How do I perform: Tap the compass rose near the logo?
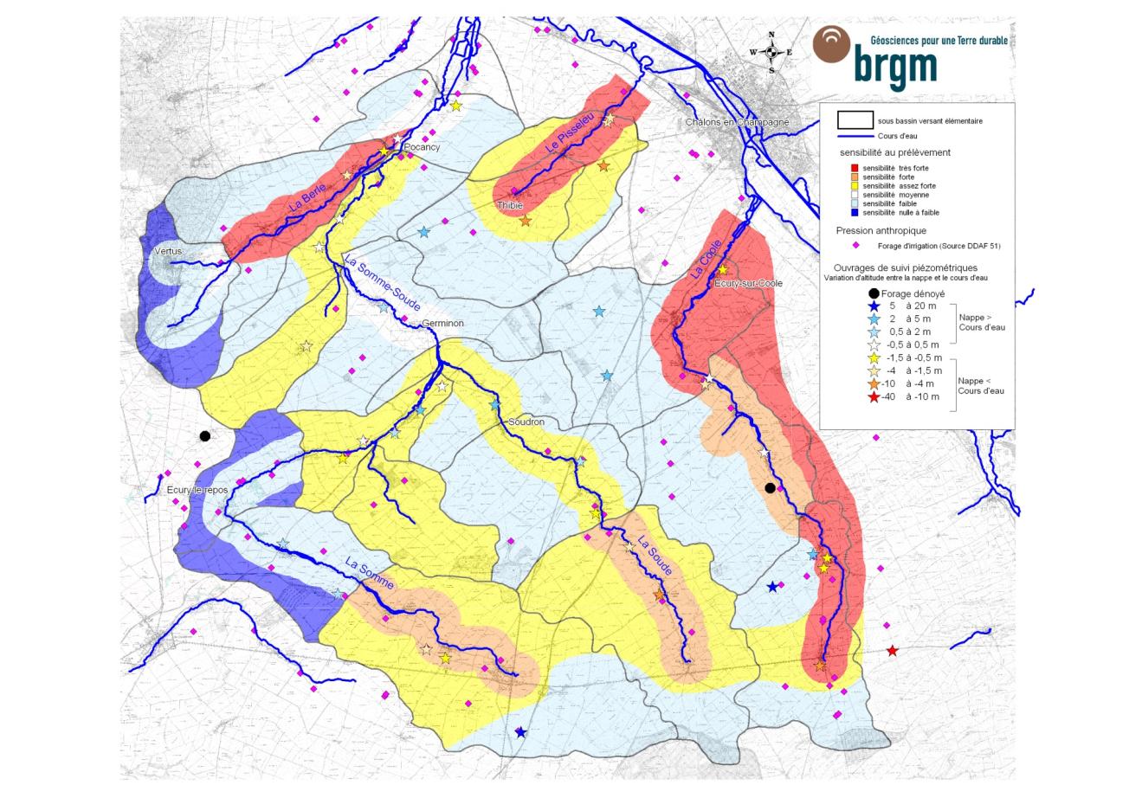(x=771, y=52)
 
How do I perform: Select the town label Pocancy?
(x=422, y=147)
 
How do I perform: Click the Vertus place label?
(x=168, y=251)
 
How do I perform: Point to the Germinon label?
(x=442, y=324)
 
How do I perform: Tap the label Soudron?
(x=526, y=422)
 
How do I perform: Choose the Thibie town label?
(x=509, y=206)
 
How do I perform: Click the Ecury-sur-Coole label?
(x=743, y=283)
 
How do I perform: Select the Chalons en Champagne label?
(x=737, y=122)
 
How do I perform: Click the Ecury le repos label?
(x=197, y=490)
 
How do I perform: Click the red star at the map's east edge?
(x=892, y=651)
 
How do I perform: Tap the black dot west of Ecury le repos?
(x=205, y=436)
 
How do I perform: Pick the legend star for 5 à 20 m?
(x=874, y=306)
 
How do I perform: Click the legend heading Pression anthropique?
(x=881, y=231)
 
